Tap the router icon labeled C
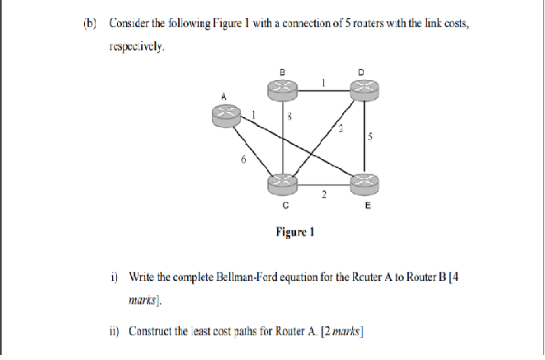pos(284,183)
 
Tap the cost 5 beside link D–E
pos(371,137)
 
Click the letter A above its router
pos(222,96)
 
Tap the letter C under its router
pos(284,207)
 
